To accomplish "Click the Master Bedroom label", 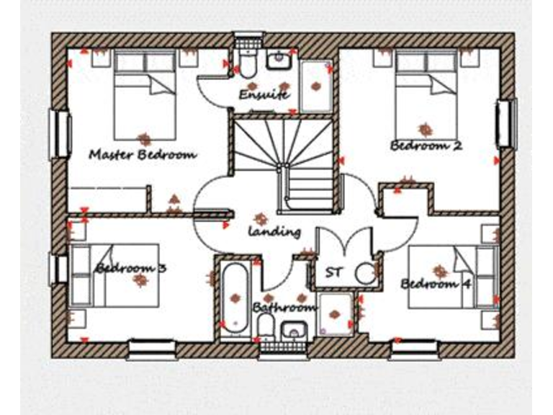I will point(143,154).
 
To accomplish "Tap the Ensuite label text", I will point(264,94).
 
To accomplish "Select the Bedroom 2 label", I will point(426,146).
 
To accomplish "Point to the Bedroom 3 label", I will point(131,268).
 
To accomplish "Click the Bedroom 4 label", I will point(436,283).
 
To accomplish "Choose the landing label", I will point(274,232).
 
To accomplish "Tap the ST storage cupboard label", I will point(333,272).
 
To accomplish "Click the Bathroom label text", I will point(285,308).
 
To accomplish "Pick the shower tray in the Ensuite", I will point(315,86).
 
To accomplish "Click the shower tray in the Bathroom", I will point(335,314).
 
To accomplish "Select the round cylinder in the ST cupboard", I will point(367,272).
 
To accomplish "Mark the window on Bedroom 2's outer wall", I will point(506,124).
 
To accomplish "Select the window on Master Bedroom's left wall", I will point(59,133).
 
